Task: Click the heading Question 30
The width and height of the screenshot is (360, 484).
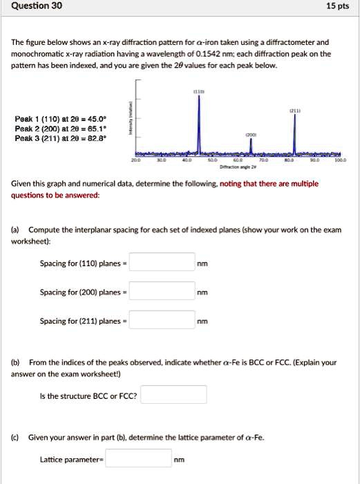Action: [x=32, y=6]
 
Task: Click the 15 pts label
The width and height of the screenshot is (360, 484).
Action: [x=336, y=6]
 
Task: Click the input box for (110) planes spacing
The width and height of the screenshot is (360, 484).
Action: [x=162, y=263]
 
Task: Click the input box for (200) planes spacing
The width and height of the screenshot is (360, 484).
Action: [x=162, y=292]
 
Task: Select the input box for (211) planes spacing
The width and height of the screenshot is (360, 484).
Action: [x=162, y=321]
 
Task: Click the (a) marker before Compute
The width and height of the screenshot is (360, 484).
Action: [x=15, y=230]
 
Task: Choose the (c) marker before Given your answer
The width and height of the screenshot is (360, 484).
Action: [x=15, y=437]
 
